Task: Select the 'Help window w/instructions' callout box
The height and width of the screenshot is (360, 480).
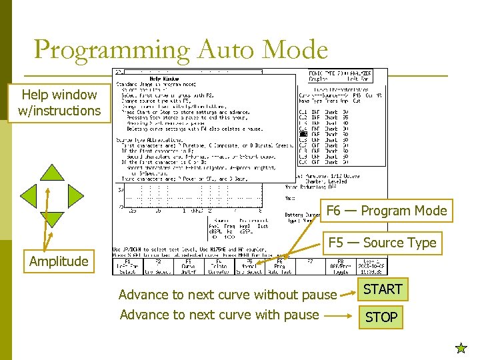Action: pyautogui.click(x=59, y=103)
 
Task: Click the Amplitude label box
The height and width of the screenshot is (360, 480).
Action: pyautogui.click(x=59, y=261)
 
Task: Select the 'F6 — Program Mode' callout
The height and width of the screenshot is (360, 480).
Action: pyautogui.click(x=386, y=211)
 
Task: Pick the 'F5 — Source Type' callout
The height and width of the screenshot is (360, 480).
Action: pyautogui.click(x=382, y=243)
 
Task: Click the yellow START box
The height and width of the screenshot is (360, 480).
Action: pyautogui.click(x=382, y=289)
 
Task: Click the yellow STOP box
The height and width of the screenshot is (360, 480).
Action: pyautogui.click(x=381, y=317)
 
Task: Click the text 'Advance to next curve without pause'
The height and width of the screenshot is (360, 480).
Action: pyautogui.click(x=227, y=294)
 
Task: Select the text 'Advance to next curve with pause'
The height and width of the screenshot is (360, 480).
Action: pyautogui.click(x=219, y=315)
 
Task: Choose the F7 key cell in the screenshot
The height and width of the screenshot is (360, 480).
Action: pyautogui.click(x=309, y=267)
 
